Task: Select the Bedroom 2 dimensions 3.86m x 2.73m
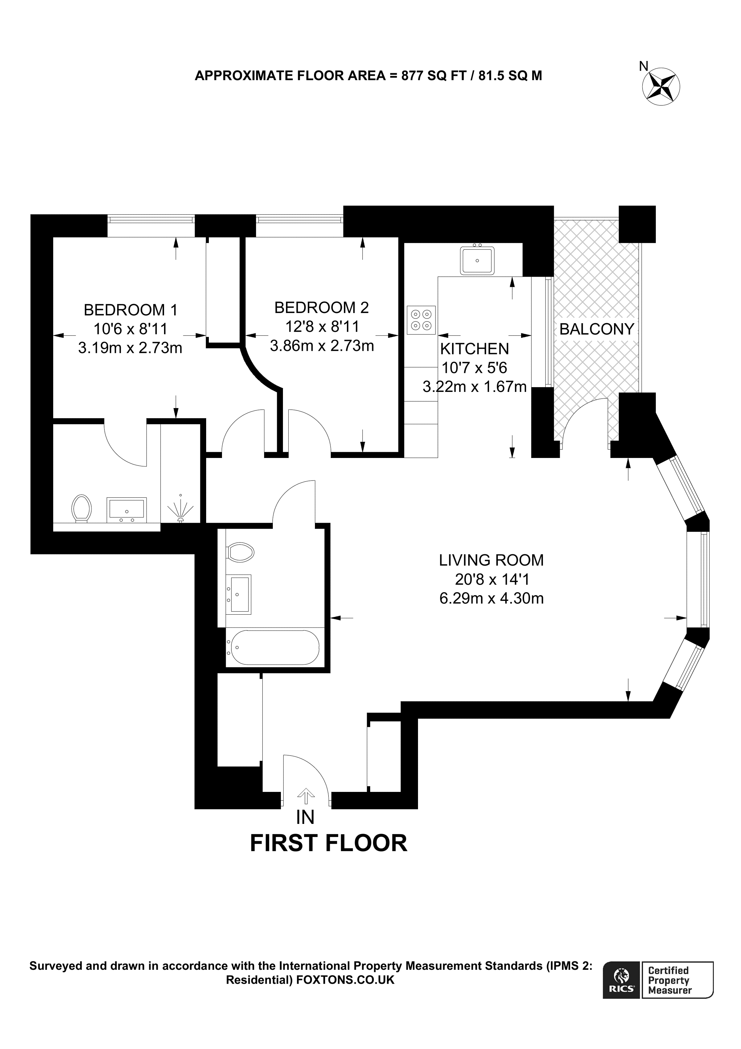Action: [322, 345]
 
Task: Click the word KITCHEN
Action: [474, 349]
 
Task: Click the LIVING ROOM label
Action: [491, 560]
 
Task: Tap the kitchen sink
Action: [477, 260]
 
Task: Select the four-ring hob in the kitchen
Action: [421, 320]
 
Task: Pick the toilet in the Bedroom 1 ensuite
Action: [82, 508]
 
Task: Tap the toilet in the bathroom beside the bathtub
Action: [240, 552]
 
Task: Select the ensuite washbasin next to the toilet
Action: [127, 510]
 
